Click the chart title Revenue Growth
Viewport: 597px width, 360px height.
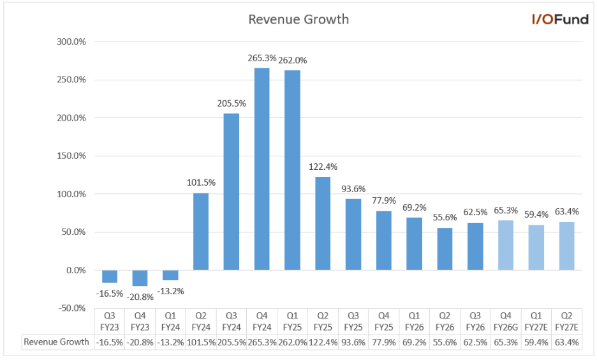click(298, 19)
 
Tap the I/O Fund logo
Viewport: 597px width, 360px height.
click(560, 19)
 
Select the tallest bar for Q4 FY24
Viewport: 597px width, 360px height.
click(262, 169)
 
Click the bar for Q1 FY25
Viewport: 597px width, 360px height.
click(292, 170)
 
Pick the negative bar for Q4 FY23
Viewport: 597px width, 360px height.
click(140, 278)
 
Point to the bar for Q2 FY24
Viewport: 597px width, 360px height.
click(200, 231)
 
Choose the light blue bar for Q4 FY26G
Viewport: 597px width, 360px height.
click(506, 245)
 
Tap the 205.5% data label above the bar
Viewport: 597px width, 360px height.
click(232, 103)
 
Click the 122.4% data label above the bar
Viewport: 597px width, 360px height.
click(323, 167)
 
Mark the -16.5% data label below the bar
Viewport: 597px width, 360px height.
click(109, 293)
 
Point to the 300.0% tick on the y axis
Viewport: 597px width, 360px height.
click(71, 42)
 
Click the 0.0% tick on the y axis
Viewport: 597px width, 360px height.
click(75, 270)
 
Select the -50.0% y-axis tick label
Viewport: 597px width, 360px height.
click(73, 308)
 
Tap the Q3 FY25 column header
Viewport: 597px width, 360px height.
click(353, 321)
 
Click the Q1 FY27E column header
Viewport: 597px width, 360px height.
click(536, 321)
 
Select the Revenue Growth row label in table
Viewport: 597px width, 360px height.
click(56, 342)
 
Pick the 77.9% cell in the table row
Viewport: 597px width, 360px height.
click(383, 342)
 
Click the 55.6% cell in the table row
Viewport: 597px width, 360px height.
click(445, 342)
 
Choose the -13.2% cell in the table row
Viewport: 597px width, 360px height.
click(170, 342)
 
